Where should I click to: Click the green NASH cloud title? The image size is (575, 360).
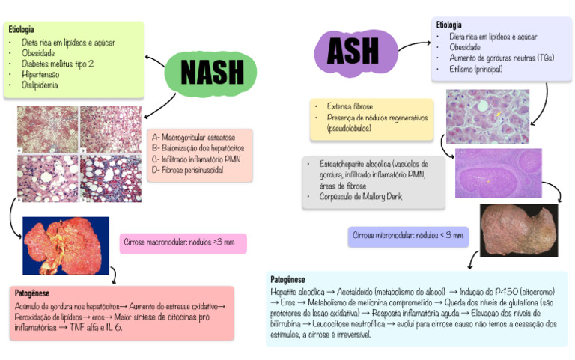(212, 72)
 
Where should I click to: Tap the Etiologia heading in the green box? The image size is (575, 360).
(22, 30)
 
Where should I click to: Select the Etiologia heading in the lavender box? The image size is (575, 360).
(449, 25)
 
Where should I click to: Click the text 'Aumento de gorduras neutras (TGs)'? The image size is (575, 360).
(501, 58)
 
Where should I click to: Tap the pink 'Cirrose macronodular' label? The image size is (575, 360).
(183, 243)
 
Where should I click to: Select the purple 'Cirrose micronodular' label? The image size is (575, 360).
(409, 237)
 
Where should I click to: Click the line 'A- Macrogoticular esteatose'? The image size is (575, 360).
(193, 138)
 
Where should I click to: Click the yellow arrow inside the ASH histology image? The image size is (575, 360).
(499, 114)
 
